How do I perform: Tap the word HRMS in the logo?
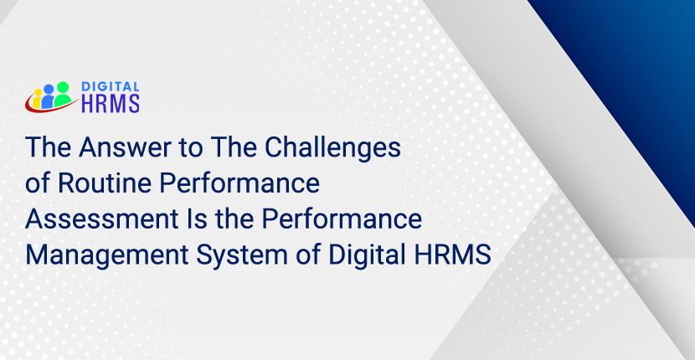110,102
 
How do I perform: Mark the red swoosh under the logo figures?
42,107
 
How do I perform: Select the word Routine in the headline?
98,183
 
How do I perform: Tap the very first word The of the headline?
48,148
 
